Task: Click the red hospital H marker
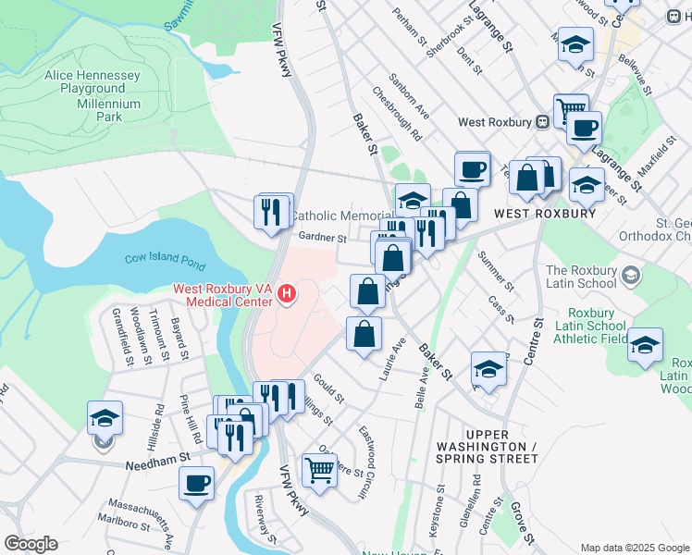287,295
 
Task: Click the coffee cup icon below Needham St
196,484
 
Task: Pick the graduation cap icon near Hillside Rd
105,418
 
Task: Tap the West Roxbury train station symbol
542,122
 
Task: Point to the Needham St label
157,456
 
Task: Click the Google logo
31,544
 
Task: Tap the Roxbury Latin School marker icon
631,275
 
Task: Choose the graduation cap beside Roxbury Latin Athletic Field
645,345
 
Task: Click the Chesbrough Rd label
398,113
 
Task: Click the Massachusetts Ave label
142,518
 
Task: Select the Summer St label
496,269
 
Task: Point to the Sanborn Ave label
409,96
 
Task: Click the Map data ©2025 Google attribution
634,547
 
